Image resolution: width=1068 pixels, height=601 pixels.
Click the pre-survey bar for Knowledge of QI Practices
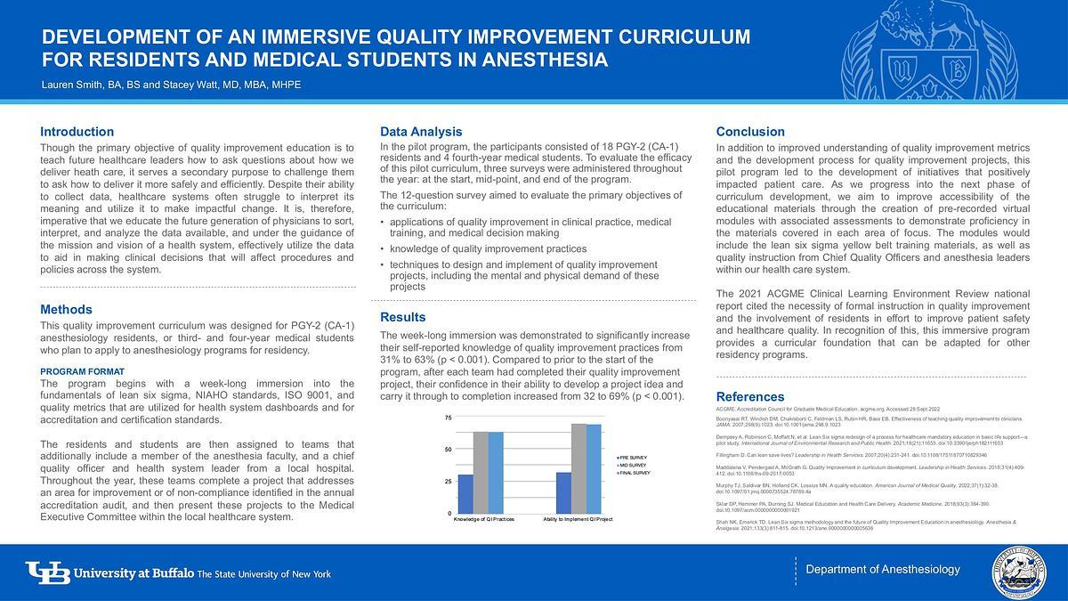coord(465,493)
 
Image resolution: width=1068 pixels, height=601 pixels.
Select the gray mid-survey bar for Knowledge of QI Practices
coord(480,473)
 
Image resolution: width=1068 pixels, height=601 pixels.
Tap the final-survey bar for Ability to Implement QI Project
coord(593,469)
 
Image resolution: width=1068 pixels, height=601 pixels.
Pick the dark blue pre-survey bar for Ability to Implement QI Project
coord(563,492)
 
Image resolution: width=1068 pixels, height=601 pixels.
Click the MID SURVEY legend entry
coord(634,465)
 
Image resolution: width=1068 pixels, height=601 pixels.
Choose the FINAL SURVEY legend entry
coord(635,473)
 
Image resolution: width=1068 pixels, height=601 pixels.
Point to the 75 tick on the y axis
coord(448,418)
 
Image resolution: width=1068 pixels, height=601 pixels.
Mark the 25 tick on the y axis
coord(448,482)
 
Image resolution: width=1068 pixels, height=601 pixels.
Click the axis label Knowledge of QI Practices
coord(483,519)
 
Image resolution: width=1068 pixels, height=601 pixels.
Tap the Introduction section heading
coord(77,132)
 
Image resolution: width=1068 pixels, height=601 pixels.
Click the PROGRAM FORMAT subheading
coord(83,371)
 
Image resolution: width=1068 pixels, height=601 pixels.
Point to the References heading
coord(750,396)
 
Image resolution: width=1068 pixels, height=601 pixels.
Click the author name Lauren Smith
coord(73,85)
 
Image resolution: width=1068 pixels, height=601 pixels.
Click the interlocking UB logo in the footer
coord(47,573)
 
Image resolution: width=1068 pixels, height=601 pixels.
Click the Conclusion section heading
coord(750,132)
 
